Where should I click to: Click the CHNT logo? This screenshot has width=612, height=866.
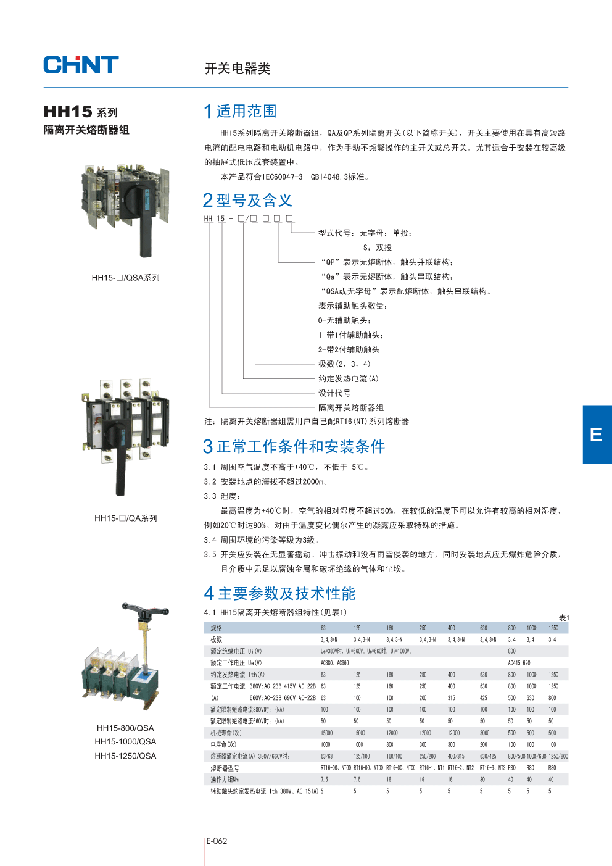pos(81,65)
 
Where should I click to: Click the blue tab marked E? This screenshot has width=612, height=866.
pos(597,435)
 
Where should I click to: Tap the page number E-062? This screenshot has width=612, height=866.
pos(217,841)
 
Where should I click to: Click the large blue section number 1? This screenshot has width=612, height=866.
pos(208,111)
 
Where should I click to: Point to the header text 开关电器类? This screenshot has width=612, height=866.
pos(238,69)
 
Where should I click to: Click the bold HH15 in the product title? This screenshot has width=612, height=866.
pos(68,112)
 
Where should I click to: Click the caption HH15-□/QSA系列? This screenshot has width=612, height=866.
pos(125,278)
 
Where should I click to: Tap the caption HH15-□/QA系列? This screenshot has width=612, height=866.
pos(125,518)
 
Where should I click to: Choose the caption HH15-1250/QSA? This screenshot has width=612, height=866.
pos(125,756)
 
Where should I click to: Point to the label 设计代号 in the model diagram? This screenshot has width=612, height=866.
pos(334,393)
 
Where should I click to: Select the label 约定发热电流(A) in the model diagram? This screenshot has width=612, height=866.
pos(348,378)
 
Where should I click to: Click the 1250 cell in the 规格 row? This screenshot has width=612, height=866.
pos(553,628)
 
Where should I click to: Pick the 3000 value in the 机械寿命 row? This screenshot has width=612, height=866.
pos(484,733)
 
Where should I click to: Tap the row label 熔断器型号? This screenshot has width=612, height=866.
pos(225,768)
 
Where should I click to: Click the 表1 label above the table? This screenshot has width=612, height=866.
pos(563,617)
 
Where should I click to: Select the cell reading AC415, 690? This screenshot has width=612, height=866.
pos(519,663)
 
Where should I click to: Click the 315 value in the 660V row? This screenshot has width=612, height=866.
pos(451,697)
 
